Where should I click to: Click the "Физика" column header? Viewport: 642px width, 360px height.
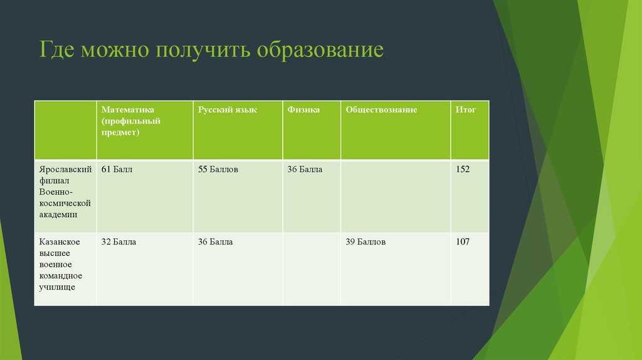303,110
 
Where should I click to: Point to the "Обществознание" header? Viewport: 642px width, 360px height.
381,110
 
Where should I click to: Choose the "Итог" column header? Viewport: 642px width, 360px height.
466,110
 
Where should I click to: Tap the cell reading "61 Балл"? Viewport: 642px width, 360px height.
117,169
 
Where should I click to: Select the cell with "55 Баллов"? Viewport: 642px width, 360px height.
218,169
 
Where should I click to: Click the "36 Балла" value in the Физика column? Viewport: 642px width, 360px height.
305,169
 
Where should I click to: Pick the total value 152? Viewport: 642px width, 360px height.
463,169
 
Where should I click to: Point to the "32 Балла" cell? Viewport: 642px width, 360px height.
118,241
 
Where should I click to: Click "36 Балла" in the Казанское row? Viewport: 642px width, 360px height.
216,241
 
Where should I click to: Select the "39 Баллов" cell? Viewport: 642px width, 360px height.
366,241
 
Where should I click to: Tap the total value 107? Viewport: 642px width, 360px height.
463,241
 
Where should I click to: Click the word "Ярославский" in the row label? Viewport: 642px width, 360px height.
65,169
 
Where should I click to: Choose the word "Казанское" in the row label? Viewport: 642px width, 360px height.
59,241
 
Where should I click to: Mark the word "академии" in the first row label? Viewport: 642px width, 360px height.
58,214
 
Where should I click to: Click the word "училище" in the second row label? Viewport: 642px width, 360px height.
56,287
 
